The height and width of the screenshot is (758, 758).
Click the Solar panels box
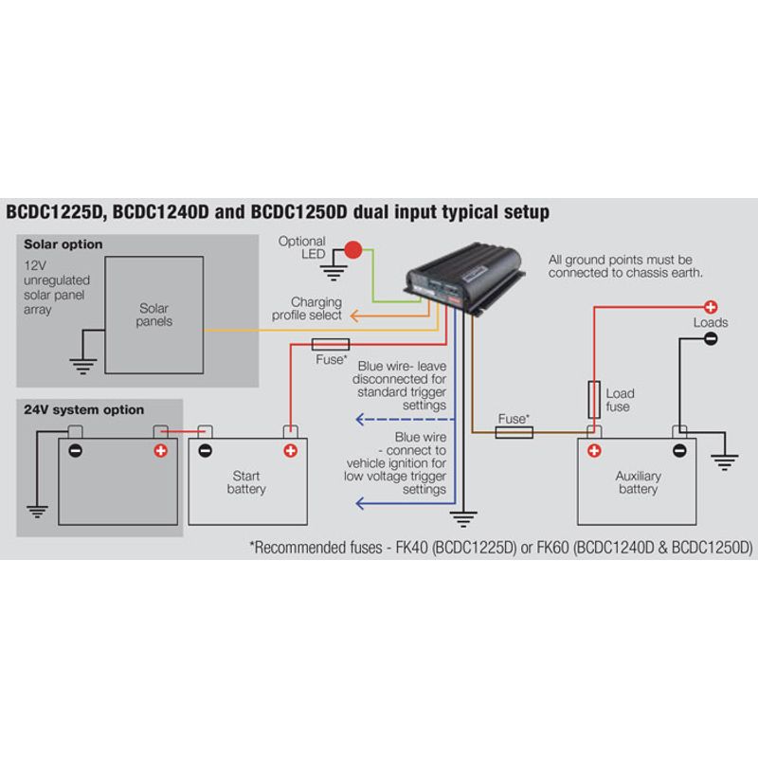pyautogui.click(x=153, y=315)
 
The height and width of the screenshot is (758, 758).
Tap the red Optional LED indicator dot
pyautogui.click(x=353, y=251)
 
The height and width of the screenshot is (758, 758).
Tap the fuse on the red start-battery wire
pyautogui.click(x=330, y=344)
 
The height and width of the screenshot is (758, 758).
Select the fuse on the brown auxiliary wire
pyautogui.click(x=514, y=432)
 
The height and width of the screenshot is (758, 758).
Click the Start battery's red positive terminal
pyautogui.click(x=290, y=450)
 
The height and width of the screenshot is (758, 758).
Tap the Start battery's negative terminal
pyautogui.click(x=206, y=450)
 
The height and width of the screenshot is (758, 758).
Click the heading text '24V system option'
pyautogui.click(x=84, y=410)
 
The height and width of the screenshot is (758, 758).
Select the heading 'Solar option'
pyautogui.click(x=63, y=244)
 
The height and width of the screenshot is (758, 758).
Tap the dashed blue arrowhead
pyautogui.click(x=360, y=418)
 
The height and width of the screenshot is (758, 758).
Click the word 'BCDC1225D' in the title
pyautogui.click(x=55, y=211)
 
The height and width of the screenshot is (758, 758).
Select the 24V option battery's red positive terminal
pyautogui.click(x=160, y=450)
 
